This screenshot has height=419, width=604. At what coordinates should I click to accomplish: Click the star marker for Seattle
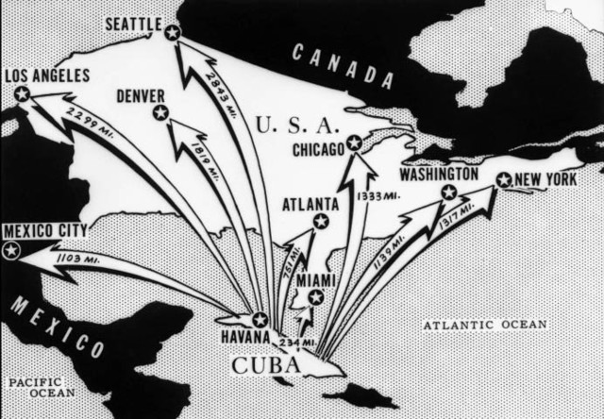point(172,33)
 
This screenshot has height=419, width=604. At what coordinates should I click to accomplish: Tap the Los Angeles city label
point(47,75)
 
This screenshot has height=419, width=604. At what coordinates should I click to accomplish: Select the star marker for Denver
point(160,113)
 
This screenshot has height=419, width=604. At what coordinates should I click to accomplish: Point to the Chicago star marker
point(354,142)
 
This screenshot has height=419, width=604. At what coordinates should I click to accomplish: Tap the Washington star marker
point(449,193)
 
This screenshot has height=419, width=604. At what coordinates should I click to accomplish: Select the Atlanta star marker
point(321,221)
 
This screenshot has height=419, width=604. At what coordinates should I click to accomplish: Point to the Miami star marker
point(316,297)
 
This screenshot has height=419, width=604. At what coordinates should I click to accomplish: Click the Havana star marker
point(260,320)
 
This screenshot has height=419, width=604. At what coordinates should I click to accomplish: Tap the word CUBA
point(266,364)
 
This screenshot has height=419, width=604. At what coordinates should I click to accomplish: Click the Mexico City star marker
point(11,250)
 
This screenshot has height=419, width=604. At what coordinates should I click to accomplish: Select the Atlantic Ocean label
point(484,325)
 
